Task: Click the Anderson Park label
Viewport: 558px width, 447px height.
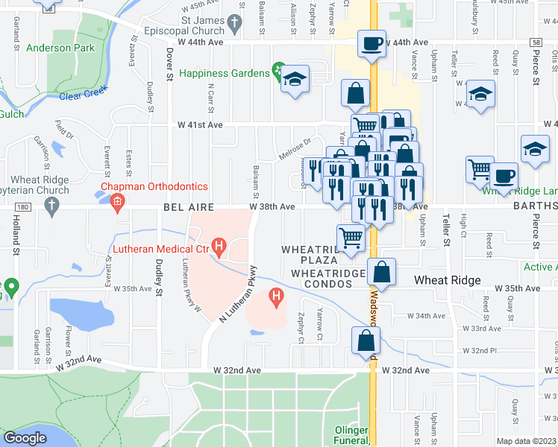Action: click(x=60, y=48)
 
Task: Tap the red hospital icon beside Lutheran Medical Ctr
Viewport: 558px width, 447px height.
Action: click(x=219, y=245)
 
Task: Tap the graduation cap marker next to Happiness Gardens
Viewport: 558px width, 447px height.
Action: click(x=295, y=79)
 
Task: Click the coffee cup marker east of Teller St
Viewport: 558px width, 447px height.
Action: click(x=504, y=175)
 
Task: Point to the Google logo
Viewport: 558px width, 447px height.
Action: click(x=24, y=438)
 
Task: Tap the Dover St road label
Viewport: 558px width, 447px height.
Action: click(x=169, y=65)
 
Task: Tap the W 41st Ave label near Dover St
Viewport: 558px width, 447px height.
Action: click(x=200, y=125)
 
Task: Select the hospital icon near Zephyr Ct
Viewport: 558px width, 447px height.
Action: click(x=276, y=298)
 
